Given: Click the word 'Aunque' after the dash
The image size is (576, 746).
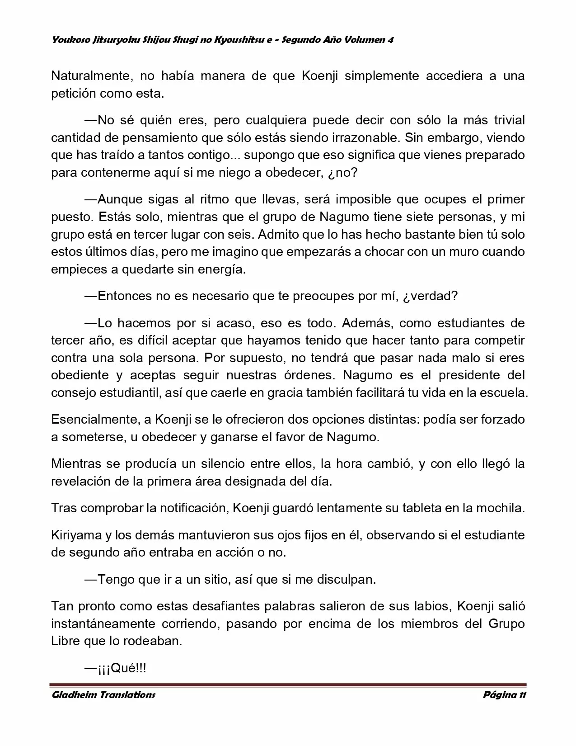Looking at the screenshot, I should point(118,199).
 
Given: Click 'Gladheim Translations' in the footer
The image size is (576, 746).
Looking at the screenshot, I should point(103,694).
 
